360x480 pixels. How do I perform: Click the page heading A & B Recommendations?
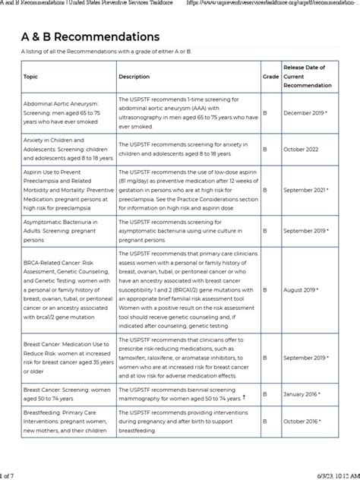coord(90,36)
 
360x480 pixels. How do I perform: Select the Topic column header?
coord(30,77)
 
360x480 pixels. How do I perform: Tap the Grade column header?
coord(270,77)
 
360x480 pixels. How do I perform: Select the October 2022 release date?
coord(302,150)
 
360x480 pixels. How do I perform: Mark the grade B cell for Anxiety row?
coord(265,150)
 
